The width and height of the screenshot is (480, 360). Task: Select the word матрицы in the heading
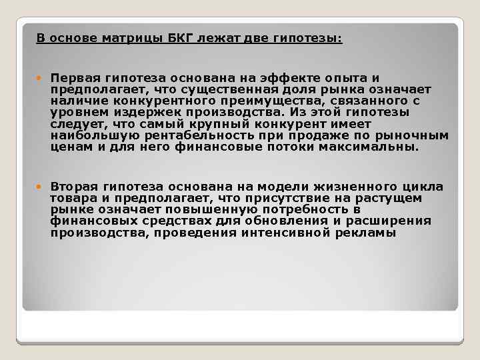[131, 38]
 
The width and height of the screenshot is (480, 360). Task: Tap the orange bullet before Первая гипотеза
[41, 78]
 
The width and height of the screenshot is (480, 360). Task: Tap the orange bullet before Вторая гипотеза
[41, 187]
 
